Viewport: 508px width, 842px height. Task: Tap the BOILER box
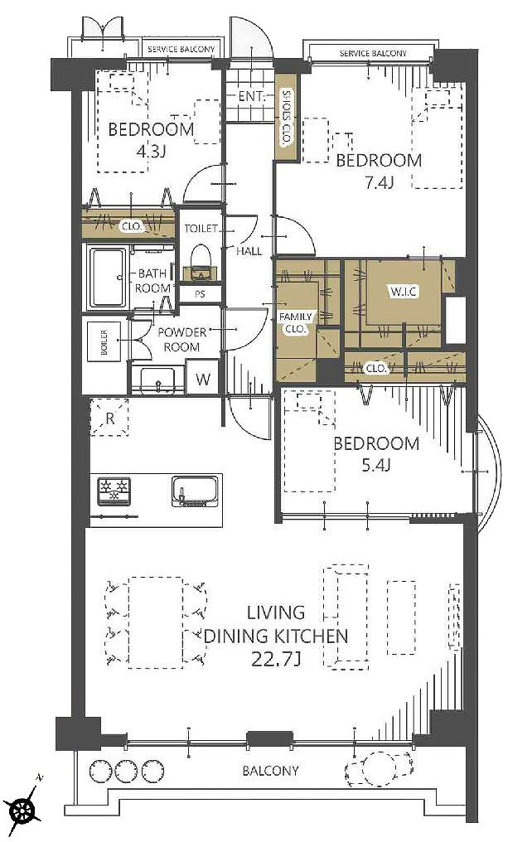(x=104, y=341)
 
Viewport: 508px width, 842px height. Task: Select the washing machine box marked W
(x=202, y=379)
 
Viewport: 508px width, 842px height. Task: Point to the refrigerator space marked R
(x=109, y=417)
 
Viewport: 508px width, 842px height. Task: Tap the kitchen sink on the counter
(x=195, y=491)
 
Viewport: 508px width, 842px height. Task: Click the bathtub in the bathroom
(x=109, y=277)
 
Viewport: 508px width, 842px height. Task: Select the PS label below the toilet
(x=200, y=294)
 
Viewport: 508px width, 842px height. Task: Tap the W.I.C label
(x=404, y=292)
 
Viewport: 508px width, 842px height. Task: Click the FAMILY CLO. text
(x=295, y=323)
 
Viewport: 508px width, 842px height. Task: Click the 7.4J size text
(x=379, y=182)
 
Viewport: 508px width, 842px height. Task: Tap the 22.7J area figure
(x=276, y=659)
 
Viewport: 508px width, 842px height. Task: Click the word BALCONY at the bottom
(x=270, y=771)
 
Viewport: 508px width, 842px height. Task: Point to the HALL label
(x=249, y=251)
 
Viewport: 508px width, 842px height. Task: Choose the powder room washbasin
(x=157, y=380)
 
